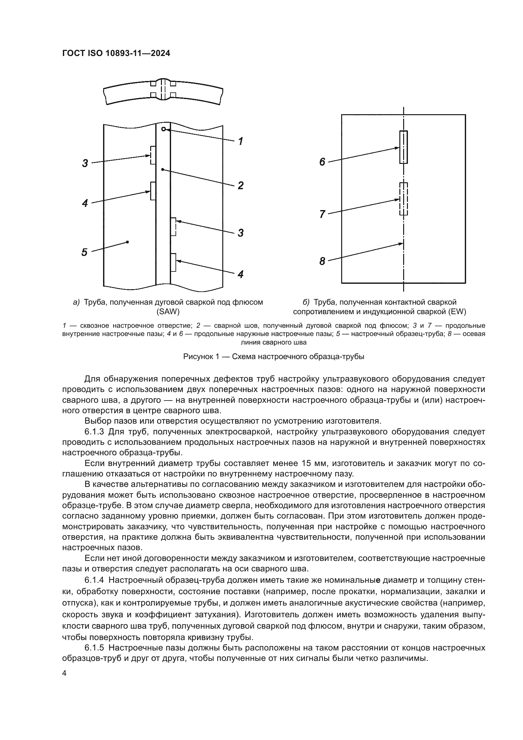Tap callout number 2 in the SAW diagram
click(x=241, y=186)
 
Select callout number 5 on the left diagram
click(x=84, y=252)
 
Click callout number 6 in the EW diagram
click(x=322, y=162)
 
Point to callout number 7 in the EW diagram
click(x=322, y=214)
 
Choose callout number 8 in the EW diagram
click(x=322, y=261)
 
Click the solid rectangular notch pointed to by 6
click(x=403, y=147)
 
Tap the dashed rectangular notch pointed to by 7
click(x=403, y=199)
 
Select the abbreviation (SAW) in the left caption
click(x=168, y=312)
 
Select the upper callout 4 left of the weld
click(x=85, y=203)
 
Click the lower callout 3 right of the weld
click(x=241, y=233)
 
